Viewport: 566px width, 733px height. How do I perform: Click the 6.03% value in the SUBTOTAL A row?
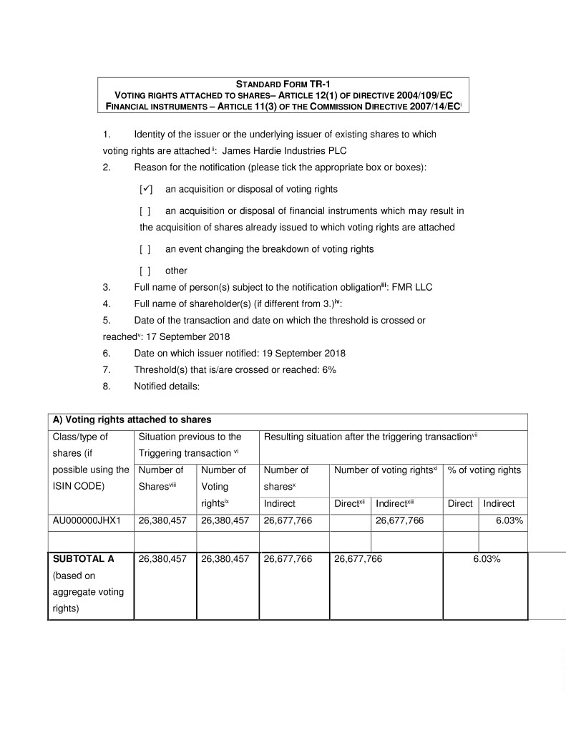486,559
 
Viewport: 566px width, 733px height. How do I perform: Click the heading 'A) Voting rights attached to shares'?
132,419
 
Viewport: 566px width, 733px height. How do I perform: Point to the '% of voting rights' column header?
484,470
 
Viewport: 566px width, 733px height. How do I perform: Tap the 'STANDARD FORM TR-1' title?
283,84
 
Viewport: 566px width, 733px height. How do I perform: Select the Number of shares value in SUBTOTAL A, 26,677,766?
288,559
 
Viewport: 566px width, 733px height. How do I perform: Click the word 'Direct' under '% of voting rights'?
460,504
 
